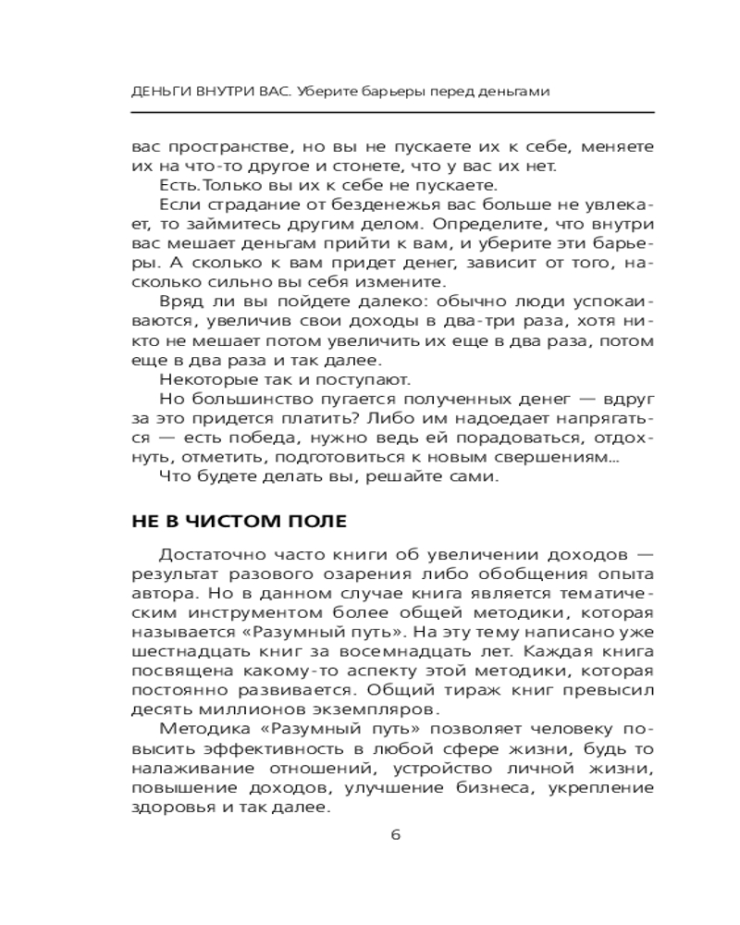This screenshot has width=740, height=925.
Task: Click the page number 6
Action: click(x=395, y=834)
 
